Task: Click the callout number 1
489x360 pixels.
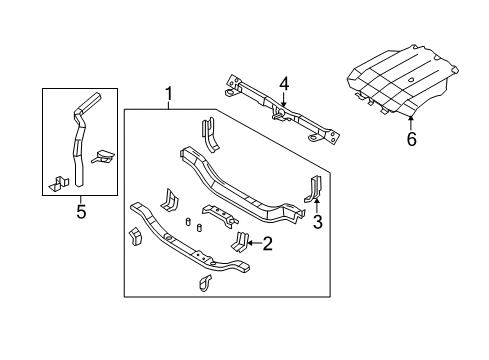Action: [168, 96]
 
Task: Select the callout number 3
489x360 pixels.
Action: [317, 222]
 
